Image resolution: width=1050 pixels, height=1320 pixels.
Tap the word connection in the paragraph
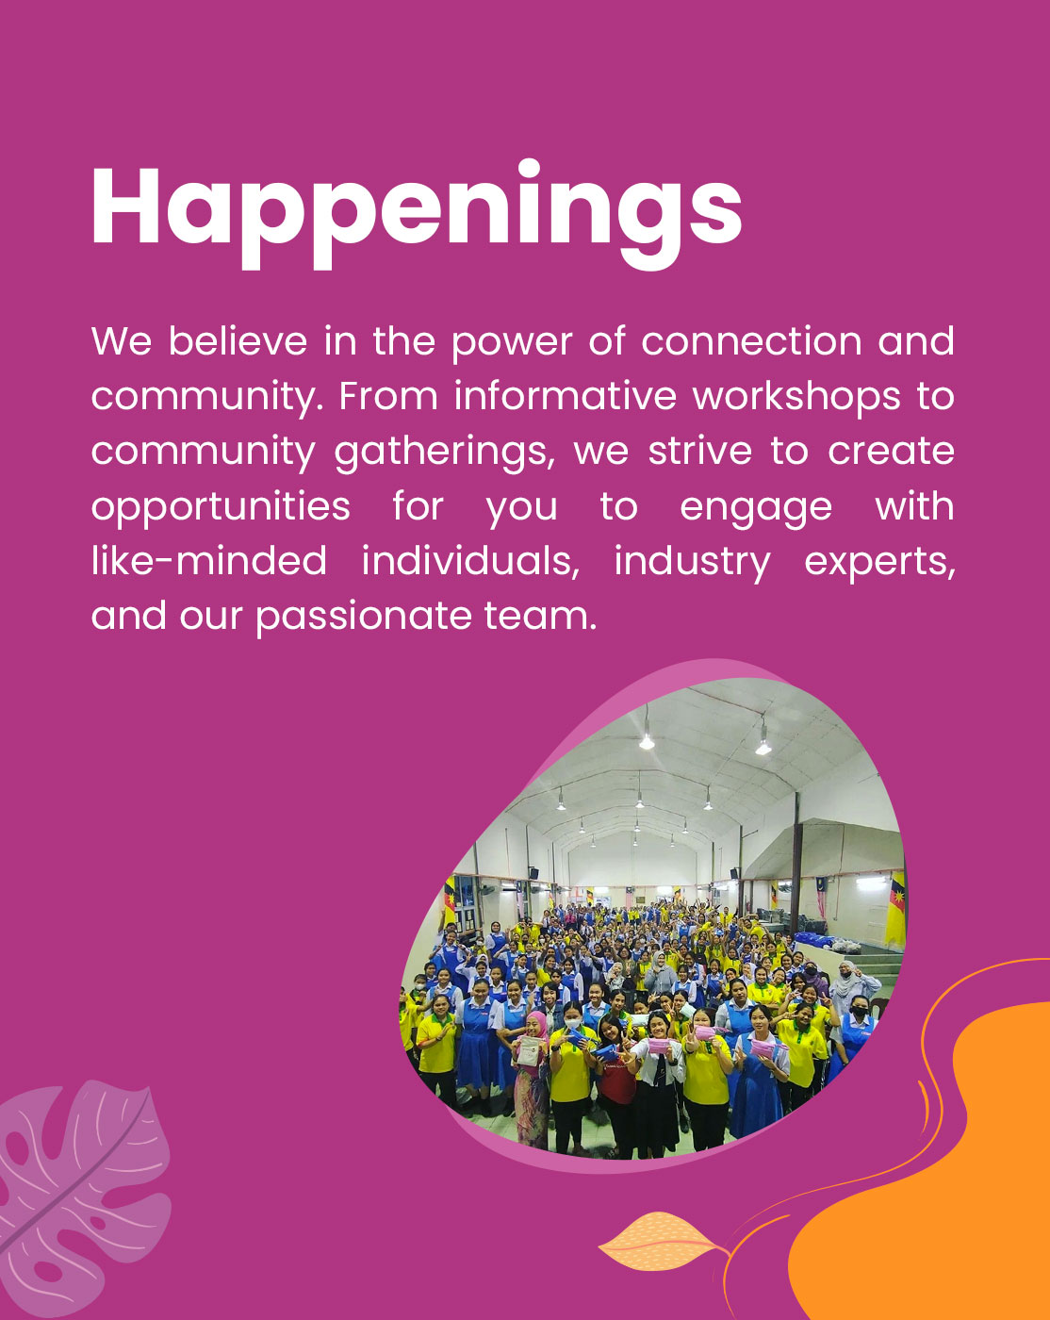click(x=752, y=341)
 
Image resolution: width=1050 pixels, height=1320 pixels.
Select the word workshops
click(x=796, y=396)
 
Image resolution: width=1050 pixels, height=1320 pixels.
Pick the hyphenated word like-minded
click(x=209, y=561)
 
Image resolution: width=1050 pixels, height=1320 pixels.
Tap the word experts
click(x=879, y=564)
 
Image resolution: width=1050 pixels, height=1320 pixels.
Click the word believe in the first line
click(x=238, y=341)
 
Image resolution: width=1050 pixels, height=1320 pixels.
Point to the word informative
click(x=566, y=396)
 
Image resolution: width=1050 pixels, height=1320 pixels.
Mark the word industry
click(x=693, y=564)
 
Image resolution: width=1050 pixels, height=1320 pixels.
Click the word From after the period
click(x=388, y=397)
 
